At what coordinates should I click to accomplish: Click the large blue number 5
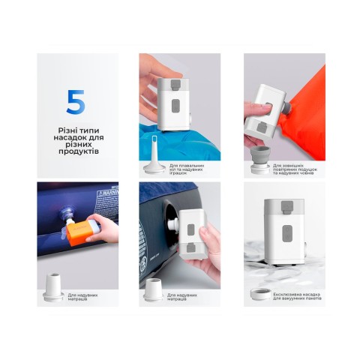(x=75, y=101)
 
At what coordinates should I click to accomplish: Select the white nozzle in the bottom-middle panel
(x=155, y=289)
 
